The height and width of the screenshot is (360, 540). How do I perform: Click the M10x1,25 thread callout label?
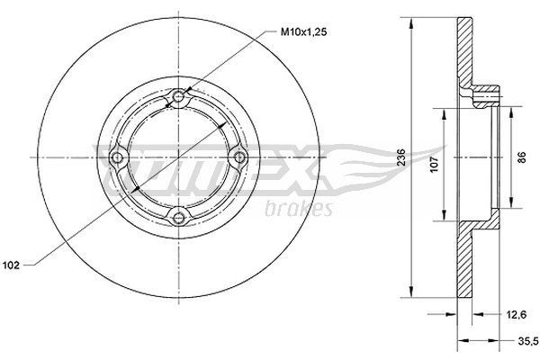(x=304, y=32)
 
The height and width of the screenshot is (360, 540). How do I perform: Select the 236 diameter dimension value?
(x=400, y=157)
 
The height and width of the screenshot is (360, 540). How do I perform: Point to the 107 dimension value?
(x=434, y=165)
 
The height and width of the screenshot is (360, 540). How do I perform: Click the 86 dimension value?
(x=522, y=157)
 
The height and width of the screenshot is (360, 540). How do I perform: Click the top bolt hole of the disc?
(x=178, y=97)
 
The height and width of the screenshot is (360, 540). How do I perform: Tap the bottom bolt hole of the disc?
(x=178, y=218)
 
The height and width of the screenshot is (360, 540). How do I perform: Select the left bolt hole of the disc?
(x=118, y=157)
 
